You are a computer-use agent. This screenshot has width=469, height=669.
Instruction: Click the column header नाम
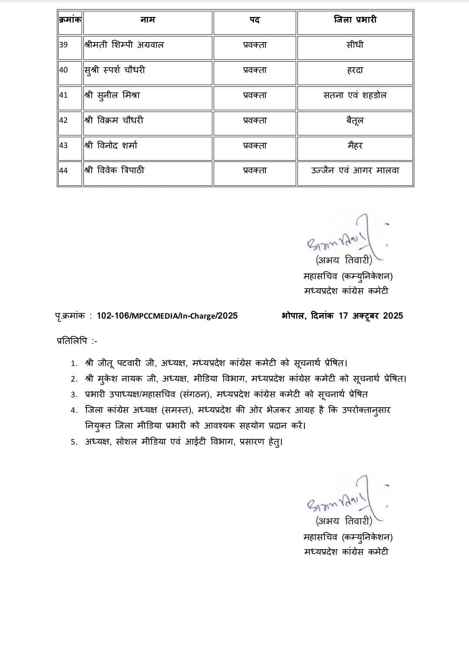(x=148, y=20)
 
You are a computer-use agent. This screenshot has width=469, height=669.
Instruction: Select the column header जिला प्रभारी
(x=355, y=20)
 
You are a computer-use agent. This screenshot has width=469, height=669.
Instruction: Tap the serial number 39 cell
(x=64, y=45)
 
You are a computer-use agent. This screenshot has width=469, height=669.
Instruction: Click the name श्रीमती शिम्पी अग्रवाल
(x=124, y=45)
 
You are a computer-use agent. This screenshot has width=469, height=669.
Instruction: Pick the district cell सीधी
(x=355, y=45)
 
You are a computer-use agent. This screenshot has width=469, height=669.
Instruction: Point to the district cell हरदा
(x=355, y=70)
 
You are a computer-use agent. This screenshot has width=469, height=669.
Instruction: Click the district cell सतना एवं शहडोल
(x=355, y=95)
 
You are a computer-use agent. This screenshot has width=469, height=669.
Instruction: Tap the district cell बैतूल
(x=355, y=120)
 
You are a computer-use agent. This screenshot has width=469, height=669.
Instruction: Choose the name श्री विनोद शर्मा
(x=111, y=145)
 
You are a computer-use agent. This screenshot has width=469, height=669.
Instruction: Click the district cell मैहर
(x=355, y=145)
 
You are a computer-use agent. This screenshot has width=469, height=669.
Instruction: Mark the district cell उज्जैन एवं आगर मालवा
(x=355, y=171)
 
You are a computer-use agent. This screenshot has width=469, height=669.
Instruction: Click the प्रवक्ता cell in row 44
(x=255, y=171)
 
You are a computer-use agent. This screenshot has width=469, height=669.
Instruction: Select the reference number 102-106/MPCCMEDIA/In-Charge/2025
(x=167, y=316)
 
